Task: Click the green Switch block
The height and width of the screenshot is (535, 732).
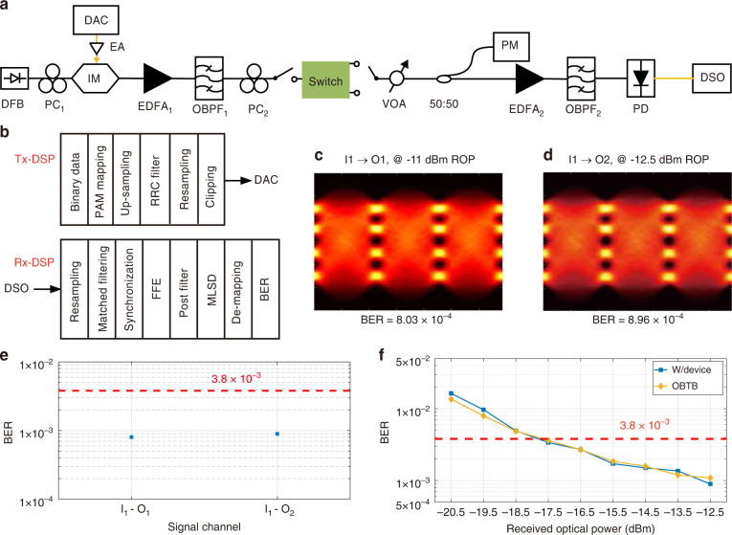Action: tap(327, 78)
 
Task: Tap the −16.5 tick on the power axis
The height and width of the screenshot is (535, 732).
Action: tap(582, 502)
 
